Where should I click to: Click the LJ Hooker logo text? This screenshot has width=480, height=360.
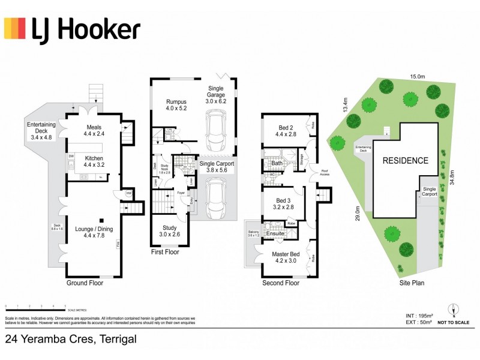[x=86, y=29]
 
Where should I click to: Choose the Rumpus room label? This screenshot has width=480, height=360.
[x=176, y=106]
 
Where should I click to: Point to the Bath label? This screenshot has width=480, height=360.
[x=277, y=163]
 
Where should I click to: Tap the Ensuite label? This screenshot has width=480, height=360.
[x=275, y=233]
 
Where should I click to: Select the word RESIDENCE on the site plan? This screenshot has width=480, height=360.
[x=406, y=160]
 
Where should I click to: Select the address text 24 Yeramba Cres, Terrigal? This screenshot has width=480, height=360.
[x=71, y=340]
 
